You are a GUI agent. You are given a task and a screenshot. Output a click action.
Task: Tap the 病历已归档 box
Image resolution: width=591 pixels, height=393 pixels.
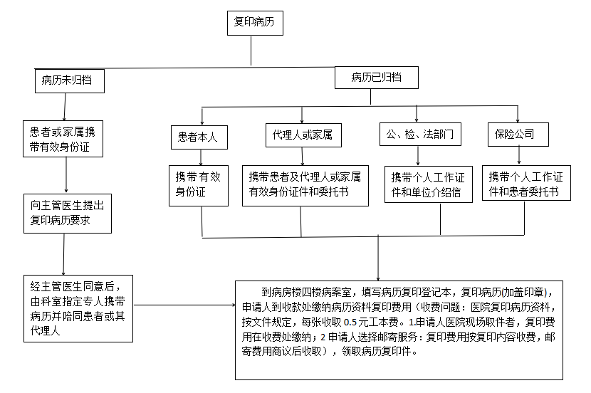376,78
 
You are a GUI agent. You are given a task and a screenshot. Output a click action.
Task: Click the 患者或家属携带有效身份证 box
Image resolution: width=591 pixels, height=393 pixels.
66,140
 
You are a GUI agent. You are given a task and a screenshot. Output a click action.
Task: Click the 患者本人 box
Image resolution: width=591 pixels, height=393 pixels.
199,137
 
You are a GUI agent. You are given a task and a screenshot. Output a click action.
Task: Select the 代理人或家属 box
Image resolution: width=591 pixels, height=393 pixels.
302,134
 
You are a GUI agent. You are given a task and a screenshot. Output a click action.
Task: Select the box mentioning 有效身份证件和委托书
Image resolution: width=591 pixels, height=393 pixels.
305,184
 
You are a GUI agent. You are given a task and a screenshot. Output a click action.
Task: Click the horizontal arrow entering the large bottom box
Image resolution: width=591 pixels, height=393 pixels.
185,305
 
